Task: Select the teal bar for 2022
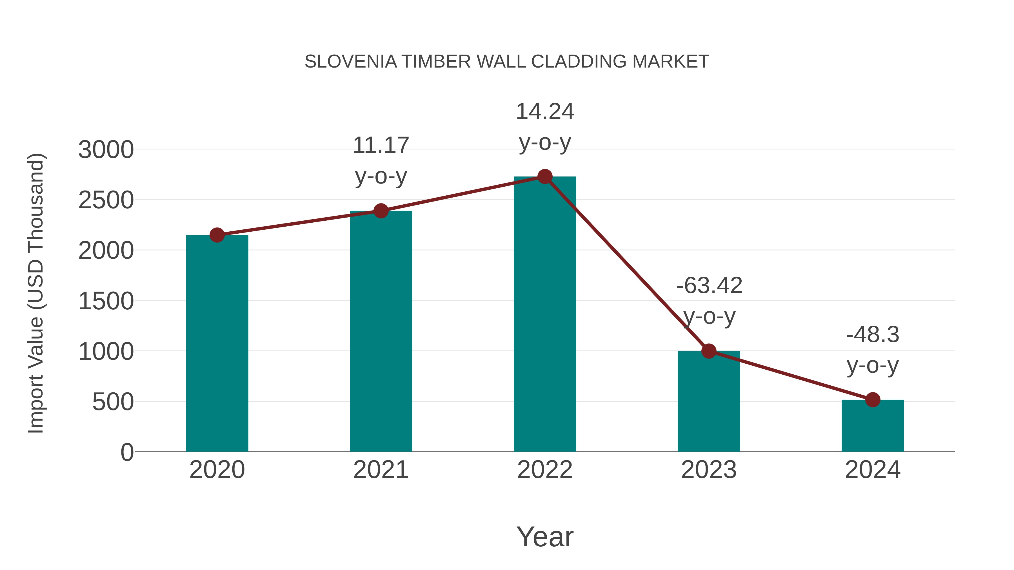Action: (545, 315)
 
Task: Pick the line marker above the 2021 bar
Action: (381, 211)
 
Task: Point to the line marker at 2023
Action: (709, 351)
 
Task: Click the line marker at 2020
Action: (217, 235)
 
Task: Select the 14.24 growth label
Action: (545, 112)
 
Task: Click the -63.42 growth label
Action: (709, 286)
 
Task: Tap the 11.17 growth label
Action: (381, 146)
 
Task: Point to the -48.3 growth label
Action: (873, 335)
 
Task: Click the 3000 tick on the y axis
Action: (106, 150)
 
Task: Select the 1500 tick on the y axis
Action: (106, 301)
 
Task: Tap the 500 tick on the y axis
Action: (113, 402)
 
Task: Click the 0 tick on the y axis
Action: (127, 452)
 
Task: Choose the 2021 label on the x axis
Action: (381, 470)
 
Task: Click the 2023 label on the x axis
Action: (709, 470)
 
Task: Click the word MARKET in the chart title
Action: (670, 62)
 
